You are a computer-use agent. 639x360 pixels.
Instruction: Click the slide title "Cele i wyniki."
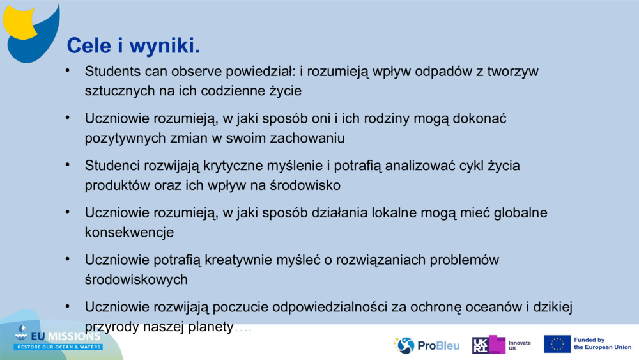[134, 45]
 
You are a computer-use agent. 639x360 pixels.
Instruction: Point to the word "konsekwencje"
[129, 232]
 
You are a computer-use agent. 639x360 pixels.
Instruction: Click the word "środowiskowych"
[136, 279]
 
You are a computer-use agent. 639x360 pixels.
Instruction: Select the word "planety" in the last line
[211, 327]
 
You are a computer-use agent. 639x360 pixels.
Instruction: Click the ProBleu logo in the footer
[427, 345]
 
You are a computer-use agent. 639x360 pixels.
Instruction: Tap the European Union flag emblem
[557, 344]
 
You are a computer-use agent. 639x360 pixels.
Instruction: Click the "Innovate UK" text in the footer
[520, 345]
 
